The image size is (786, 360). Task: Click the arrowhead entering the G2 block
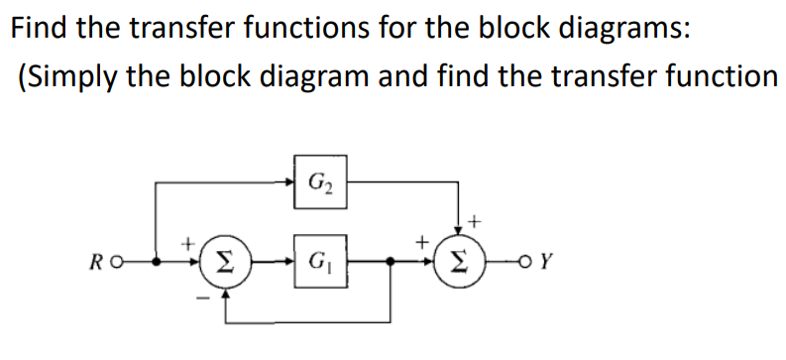pos(288,181)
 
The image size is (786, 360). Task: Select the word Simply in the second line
pos(74,77)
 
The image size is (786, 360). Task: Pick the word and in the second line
pos(391,77)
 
